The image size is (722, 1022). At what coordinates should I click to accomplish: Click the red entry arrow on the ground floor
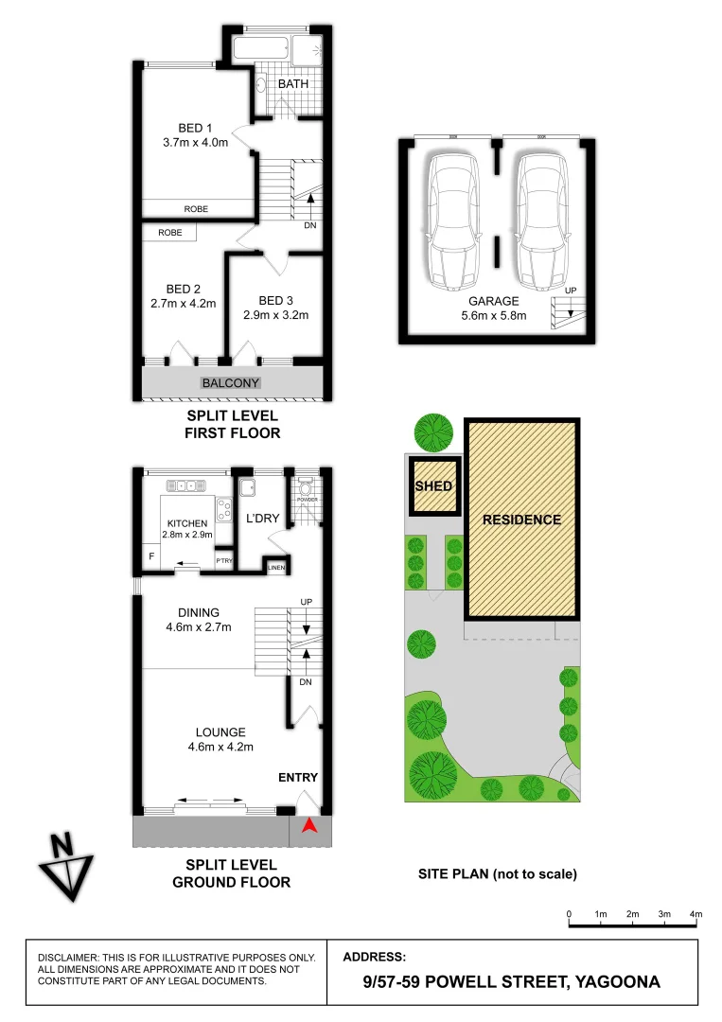pos(308,826)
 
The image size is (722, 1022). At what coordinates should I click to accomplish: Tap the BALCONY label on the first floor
pos(231,383)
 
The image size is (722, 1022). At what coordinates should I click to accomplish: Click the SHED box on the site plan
pos(434,486)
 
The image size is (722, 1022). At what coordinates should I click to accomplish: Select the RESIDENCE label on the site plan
pos(521,520)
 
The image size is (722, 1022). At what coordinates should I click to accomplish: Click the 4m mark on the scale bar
pos(696,914)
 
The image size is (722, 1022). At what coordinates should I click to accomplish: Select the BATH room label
pos(292,84)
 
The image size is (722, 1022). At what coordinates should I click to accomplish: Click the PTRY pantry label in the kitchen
pos(224,561)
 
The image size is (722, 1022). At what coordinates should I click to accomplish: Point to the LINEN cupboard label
pos(276,568)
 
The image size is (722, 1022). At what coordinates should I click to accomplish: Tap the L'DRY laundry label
pos(261,520)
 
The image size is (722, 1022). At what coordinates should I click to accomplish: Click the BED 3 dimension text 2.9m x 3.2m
pos(276,316)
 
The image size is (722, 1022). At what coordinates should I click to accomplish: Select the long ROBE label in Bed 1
pos(197,209)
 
